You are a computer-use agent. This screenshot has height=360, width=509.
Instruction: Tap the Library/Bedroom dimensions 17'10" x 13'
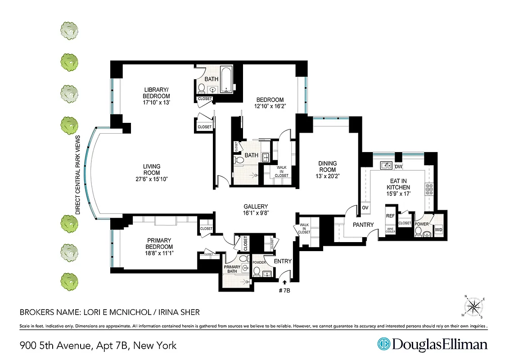(x=156, y=103)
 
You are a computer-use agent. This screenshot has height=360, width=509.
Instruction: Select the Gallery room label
(x=256, y=207)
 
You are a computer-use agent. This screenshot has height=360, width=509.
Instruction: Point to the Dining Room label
(x=327, y=166)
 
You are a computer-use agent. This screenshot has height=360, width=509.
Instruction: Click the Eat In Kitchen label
(x=399, y=184)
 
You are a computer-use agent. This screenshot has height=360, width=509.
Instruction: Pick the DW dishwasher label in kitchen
(x=398, y=166)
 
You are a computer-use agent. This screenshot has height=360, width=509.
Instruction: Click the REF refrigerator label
(x=390, y=216)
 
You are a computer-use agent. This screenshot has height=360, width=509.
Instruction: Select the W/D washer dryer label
(x=438, y=230)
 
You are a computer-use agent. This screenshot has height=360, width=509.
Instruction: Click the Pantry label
(x=363, y=225)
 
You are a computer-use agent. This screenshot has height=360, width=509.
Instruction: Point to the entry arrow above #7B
(x=284, y=282)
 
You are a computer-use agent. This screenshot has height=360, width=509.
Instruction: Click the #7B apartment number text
(x=284, y=290)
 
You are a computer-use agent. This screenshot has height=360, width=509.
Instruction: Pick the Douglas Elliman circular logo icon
(x=383, y=344)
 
